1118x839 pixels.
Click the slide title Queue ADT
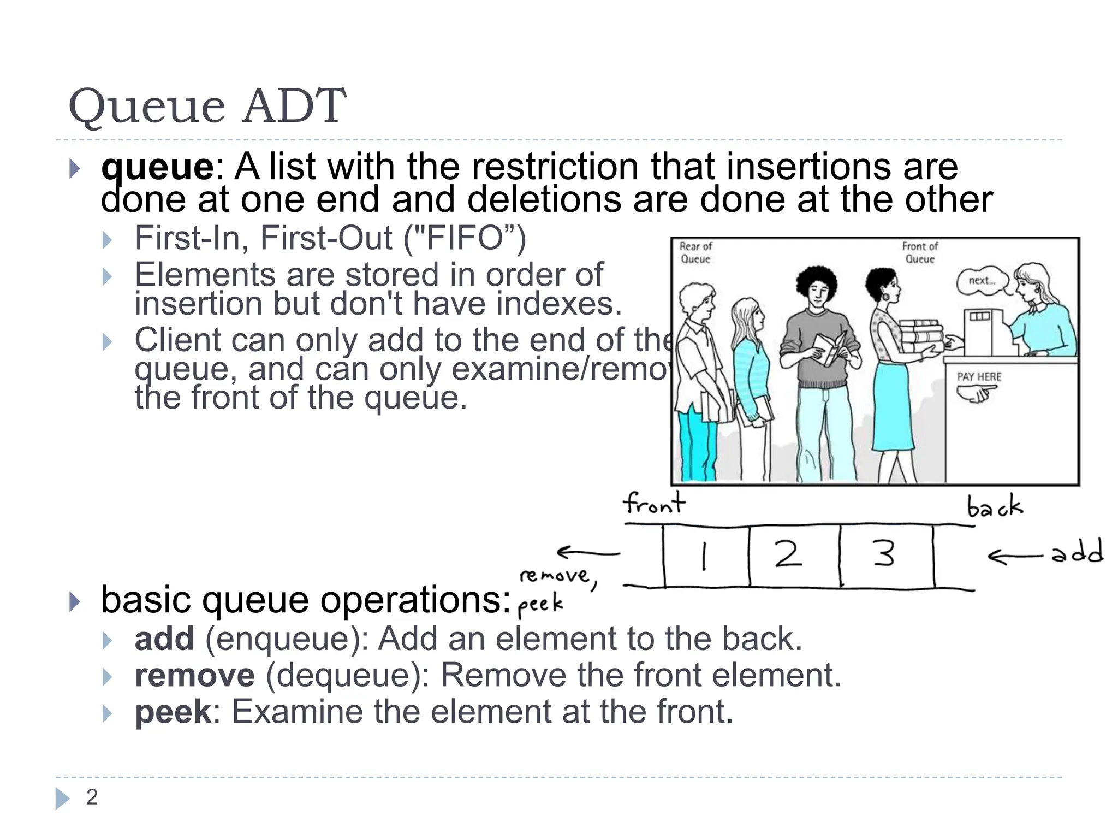coord(207,106)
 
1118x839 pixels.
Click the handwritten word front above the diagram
coord(654,503)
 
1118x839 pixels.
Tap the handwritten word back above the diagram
coord(995,506)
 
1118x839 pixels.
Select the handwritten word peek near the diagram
coord(540,605)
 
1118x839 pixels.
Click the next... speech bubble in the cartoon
coord(982,281)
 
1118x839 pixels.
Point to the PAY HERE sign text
coord(979,377)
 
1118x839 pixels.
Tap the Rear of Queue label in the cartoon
coord(695,253)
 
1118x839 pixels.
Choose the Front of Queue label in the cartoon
coord(920,253)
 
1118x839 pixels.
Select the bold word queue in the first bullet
coord(157,167)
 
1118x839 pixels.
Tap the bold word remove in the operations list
coord(194,675)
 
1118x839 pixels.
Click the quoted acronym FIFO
coord(465,238)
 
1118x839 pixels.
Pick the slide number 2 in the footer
coord(92,797)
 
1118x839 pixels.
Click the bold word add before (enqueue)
coord(164,639)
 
